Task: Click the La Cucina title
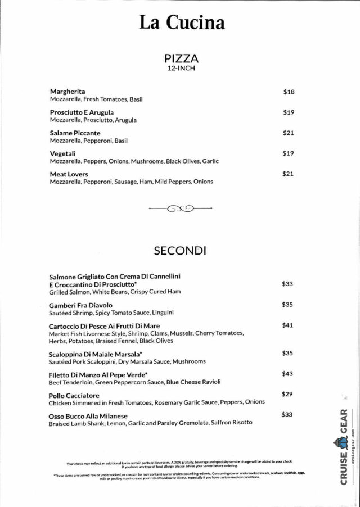point(182,22)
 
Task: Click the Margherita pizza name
point(67,92)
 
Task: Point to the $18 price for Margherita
point(289,92)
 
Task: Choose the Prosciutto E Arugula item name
point(82,112)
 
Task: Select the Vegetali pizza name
point(63,153)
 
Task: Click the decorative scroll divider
point(180,209)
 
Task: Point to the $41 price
point(287,325)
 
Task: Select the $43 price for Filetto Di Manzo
point(287,374)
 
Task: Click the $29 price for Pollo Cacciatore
point(287,395)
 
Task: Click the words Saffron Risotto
point(231,423)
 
